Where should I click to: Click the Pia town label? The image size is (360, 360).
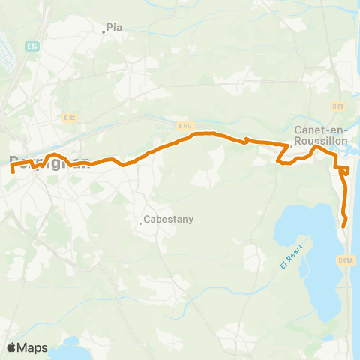click(115, 27)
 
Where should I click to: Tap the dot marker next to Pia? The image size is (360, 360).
click(104, 31)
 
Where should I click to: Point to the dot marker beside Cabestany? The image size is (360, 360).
click(141, 221)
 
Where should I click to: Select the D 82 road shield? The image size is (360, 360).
click(70, 118)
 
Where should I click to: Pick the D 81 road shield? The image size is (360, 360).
click(337, 106)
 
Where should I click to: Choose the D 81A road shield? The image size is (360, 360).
click(345, 259)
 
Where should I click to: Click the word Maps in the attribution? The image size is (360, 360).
click(33, 347)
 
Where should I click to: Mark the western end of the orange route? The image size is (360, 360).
click(13, 171)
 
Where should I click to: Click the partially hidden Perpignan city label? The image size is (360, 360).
click(49, 162)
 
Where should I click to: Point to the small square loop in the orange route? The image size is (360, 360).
click(344, 171)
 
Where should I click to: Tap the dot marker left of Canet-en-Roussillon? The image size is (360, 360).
click(291, 147)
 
